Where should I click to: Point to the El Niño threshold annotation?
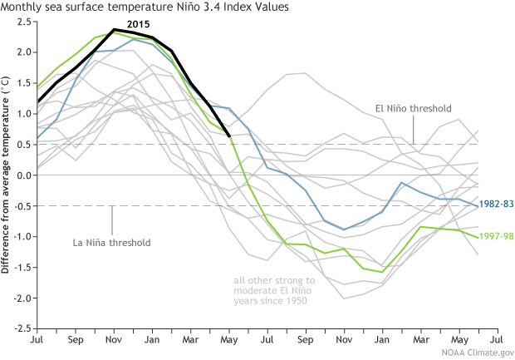click(411, 109)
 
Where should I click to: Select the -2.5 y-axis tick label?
click(18, 328)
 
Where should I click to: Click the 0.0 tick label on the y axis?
click(20, 175)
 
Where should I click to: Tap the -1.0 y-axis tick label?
click(18, 236)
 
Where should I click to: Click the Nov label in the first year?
click(113, 341)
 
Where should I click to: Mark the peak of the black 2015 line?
click(114, 29)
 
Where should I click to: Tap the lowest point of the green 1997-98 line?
click(382, 272)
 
